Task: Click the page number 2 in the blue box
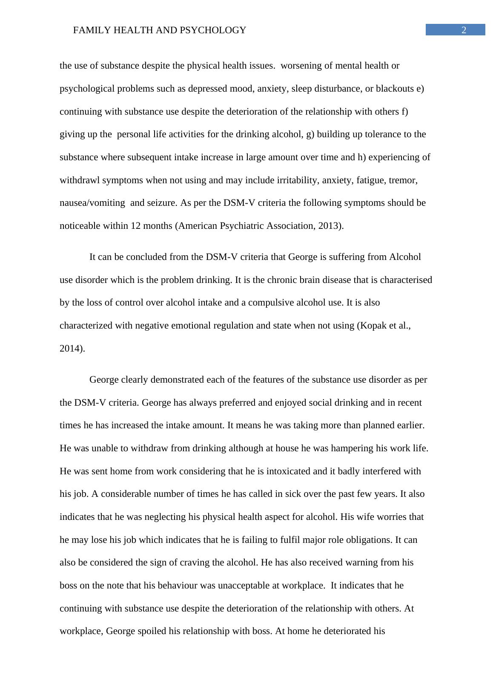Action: (464, 30)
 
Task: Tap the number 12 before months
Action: (136, 226)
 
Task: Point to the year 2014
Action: (71, 349)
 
